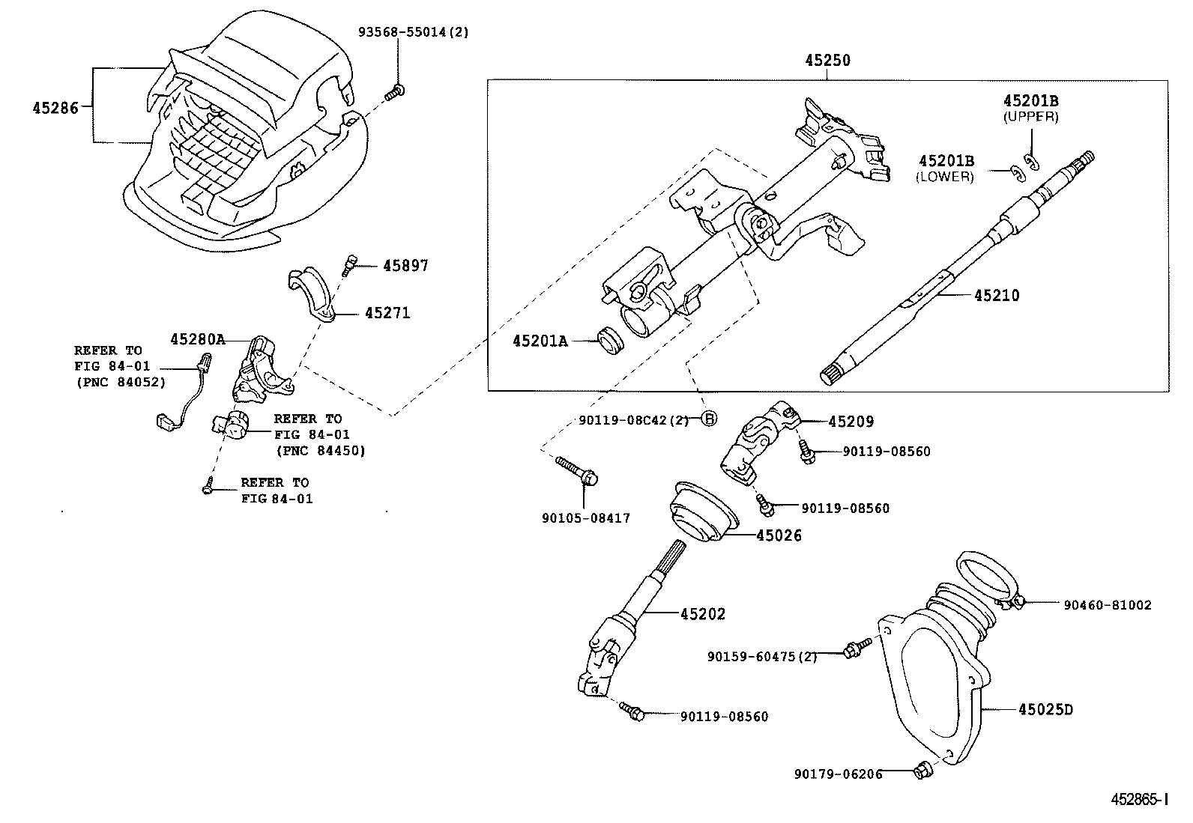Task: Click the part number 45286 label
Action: (55, 107)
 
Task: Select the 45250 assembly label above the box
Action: (827, 61)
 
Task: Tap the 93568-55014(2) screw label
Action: (413, 32)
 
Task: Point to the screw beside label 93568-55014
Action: (395, 93)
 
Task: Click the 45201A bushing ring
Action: (610, 341)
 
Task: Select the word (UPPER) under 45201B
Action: (1030, 117)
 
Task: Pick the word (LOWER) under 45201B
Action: (944, 177)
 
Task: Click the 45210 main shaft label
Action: (997, 296)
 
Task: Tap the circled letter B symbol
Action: (708, 419)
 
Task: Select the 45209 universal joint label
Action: (851, 422)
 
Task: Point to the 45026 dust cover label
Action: (779, 535)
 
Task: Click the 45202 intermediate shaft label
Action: (703, 614)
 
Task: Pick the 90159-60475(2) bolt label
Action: (762, 656)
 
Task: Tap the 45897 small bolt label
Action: (405, 266)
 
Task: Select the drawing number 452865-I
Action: (1138, 799)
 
